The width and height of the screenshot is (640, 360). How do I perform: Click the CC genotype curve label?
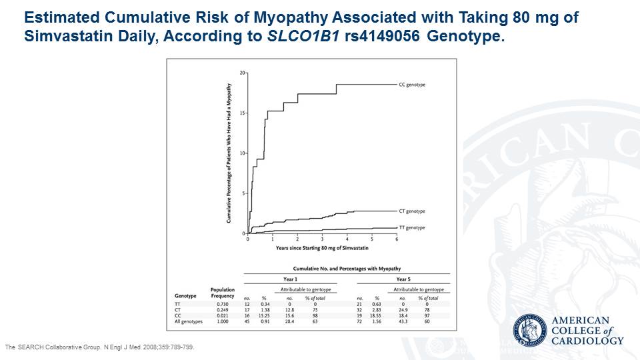(x=411, y=85)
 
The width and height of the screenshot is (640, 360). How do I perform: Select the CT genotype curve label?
(x=411, y=211)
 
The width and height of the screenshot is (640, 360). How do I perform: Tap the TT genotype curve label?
(x=411, y=227)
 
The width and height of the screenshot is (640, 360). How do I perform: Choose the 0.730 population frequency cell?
(x=223, y=303)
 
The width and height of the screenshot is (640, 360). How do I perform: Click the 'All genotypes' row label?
(x=189, y=321)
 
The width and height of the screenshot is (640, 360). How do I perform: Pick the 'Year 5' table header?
(x=403, y=279)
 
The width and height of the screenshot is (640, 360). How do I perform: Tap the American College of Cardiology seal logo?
(x=531, y=331)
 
